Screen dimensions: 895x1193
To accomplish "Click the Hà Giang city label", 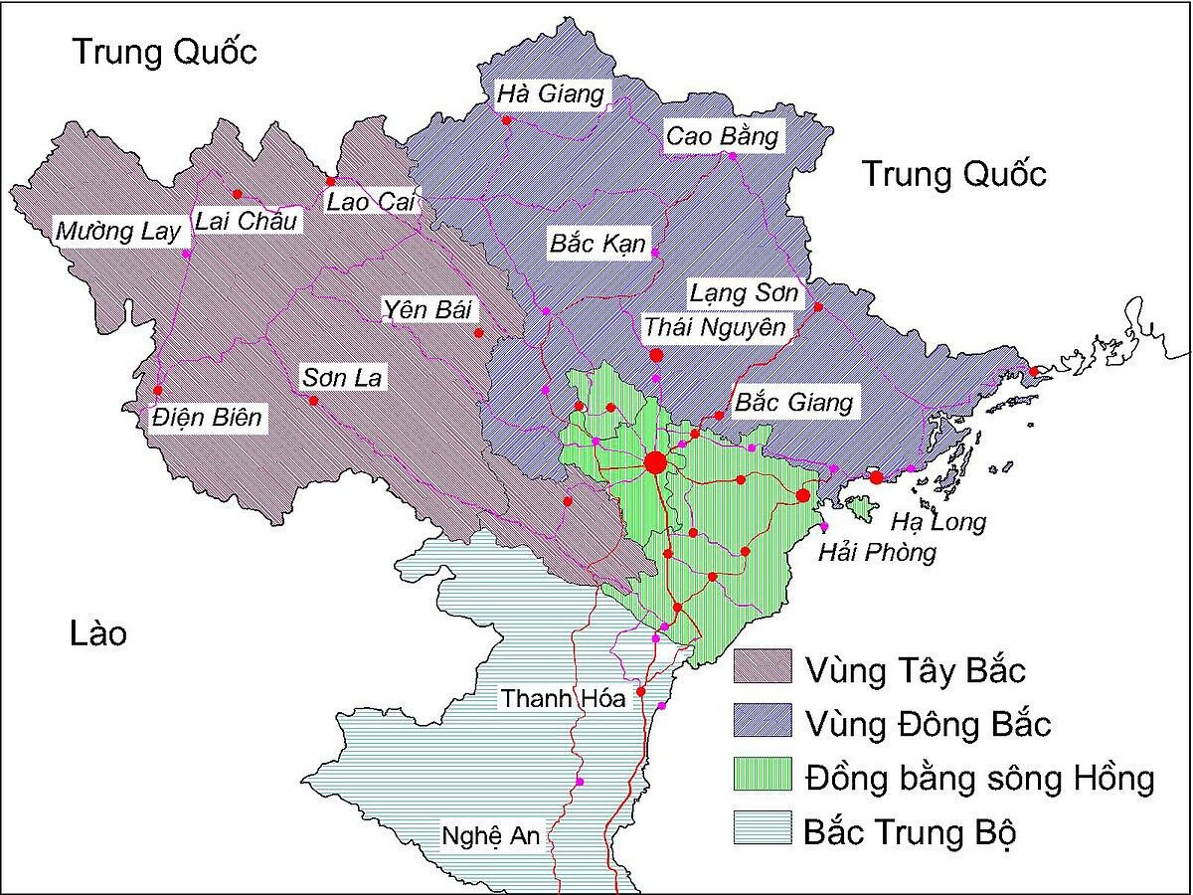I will coord(550,94).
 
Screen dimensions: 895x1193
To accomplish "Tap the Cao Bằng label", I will coord(722,136).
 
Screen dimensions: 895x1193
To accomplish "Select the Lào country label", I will coord(98,633).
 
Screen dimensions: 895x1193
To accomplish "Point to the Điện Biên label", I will coord(207,418).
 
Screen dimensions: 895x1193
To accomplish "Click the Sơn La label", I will coord(341,378).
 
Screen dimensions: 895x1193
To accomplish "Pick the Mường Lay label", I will coord(118,232).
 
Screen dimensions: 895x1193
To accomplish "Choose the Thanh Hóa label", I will coord(563,698).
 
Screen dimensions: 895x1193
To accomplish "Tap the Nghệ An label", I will coord(491,836).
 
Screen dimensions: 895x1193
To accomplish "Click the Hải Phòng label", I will coord(877,552).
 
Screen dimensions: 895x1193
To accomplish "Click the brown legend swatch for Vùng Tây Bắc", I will coord(763,668).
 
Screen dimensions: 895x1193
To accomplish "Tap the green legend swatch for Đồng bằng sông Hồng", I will coord(763,776).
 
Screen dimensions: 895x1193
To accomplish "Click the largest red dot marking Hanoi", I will coord(655,462).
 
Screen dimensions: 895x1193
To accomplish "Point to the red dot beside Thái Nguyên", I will coord(656,355).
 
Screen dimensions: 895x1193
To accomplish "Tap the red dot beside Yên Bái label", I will coord(478,333).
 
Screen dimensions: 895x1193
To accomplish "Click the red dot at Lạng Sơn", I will coord(818,306).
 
